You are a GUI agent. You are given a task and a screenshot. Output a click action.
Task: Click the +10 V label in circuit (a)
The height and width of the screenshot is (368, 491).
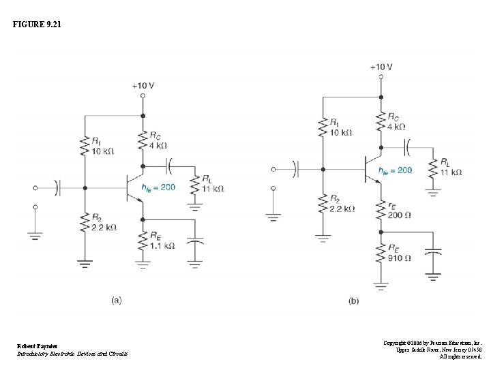[x=143, y=85]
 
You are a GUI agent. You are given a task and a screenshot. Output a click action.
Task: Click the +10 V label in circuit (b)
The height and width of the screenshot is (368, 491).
[x=381, y=67]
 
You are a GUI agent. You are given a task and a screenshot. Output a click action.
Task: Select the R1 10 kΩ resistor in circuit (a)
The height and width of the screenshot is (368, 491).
[x=85, y=147]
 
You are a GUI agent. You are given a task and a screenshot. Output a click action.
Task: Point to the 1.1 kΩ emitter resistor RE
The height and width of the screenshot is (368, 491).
[x=143, y=241]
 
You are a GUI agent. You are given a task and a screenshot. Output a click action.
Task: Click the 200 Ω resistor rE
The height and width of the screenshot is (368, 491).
[x=381, y=211]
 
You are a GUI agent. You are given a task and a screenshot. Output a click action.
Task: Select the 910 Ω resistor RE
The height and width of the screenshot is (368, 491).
[x=381, y=253]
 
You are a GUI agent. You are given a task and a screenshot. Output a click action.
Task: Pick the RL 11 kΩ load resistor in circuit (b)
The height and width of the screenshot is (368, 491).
[x=433, y=168]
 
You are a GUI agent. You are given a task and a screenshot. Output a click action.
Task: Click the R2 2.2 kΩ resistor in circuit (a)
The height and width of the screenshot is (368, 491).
[x=85, y=221]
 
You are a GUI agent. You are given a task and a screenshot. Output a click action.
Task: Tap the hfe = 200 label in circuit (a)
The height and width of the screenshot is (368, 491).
[x=158, y=187]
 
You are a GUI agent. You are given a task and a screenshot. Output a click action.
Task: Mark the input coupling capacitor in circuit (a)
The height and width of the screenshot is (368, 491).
[x=59, y=186]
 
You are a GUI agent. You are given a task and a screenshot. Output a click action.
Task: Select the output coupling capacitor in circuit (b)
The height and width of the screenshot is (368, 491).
[x=407, y=146]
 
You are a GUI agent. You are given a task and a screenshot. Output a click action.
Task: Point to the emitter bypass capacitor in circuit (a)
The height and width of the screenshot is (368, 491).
[x=195, y=242]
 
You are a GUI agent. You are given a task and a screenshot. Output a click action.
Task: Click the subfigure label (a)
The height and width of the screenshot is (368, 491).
[x=117, y=301]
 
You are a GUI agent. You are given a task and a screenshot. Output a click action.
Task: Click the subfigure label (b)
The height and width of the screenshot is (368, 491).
[x=353, y=301]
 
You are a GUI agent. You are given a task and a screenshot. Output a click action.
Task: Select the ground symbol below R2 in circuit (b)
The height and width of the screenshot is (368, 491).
[x=323, y=237]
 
